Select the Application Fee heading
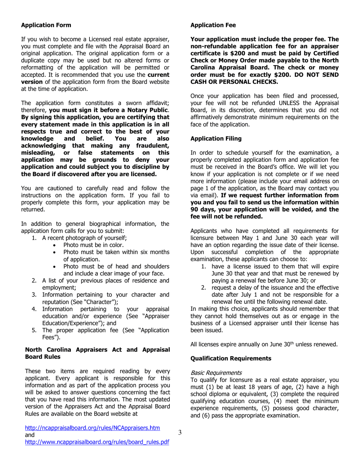click(x=213, y=25)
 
